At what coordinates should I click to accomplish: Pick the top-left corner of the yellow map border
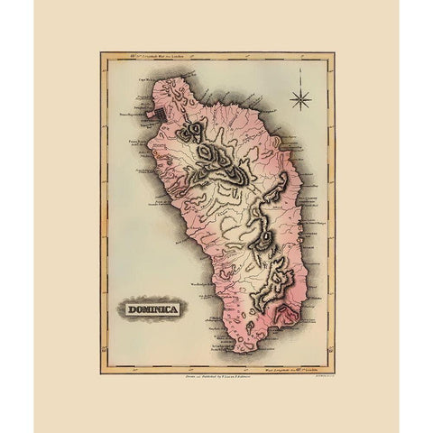pyautogui.click(x=101, y=53)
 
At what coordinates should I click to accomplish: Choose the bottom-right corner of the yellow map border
pyautogui.click(x=335, y=373)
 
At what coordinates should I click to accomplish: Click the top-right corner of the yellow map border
pyautogui.click(x=335, y=53)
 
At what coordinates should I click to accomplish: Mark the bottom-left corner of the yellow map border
pyautogui.click(x=101, y=373)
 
